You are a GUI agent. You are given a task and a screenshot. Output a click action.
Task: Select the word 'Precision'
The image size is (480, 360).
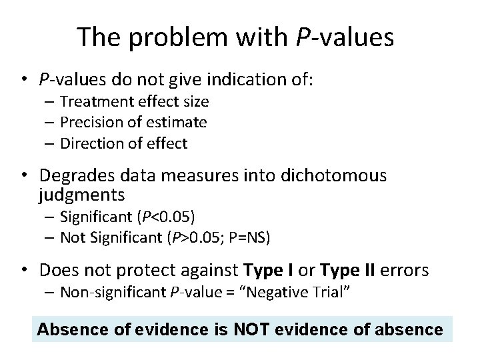pos(89,122)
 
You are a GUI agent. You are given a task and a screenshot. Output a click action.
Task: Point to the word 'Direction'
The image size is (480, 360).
pos(89,143)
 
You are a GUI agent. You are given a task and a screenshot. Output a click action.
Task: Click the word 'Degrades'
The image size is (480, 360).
pos(73,175)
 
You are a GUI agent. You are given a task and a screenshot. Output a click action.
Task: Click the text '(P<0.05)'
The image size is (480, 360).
pos(167,217)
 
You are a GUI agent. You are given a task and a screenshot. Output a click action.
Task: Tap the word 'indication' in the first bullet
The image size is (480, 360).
pos(241,80)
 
